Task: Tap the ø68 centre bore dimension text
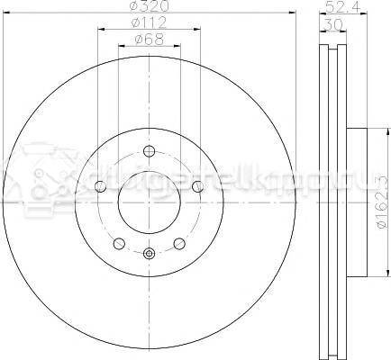(x=148, y=40)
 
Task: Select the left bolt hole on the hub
(x=100, y=186)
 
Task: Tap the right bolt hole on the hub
(x=197, y=186)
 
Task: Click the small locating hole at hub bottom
(x=149, y=254)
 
